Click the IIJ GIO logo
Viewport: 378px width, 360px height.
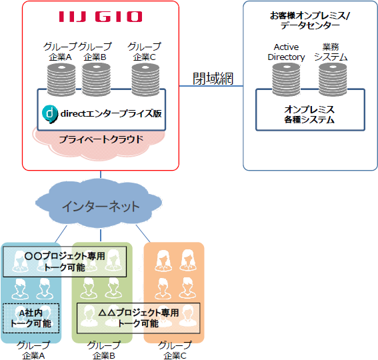coord(101,17)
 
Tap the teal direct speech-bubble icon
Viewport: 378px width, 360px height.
coord(50,114)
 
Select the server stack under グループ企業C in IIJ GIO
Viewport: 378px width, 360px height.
coord(145,79)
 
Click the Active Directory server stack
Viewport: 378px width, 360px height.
coord(286,79)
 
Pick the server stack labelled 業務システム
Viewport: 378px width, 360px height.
coord(333,79)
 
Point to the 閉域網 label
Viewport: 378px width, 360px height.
coord(213,79)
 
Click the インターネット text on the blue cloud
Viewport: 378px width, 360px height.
coord(101,207)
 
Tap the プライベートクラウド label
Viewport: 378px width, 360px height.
coord(101,139)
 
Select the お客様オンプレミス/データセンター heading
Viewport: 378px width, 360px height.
coord(310,20)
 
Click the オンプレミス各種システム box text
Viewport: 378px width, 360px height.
coord(309,115)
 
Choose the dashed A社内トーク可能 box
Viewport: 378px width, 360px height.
coord(31,318)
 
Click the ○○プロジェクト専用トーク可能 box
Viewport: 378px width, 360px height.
coord(65,261)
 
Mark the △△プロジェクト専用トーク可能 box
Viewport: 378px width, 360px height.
coord(139,318)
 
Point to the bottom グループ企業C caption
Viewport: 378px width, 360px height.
coord(175,351)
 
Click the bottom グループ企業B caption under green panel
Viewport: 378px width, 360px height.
coord(104,351)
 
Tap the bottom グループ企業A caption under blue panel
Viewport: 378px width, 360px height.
coord(33,351)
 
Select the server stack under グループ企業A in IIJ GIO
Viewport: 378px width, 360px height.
coord(61,79)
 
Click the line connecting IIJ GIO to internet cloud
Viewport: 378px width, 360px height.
coord(101,175)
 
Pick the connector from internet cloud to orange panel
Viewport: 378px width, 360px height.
coord(143,233)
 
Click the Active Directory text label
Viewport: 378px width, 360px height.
coord(286,52)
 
